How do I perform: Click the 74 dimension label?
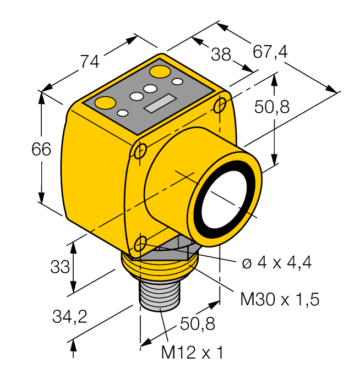coord(90,61)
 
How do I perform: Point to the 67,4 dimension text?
coord(270,51)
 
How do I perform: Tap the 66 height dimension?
coord(41,150)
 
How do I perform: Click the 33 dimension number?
coord(61,267)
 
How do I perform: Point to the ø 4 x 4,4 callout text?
coord(277,263)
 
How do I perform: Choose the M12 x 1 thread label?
coord(192,352)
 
